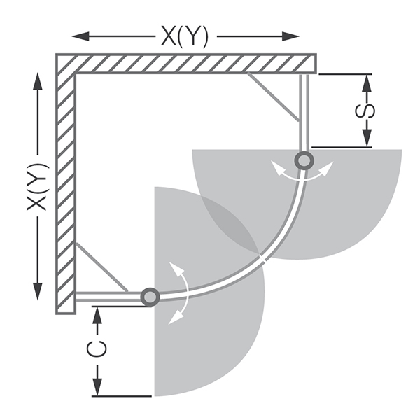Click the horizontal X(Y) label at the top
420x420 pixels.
click(x=185, y=36)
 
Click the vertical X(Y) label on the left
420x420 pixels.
click(x=38, y=186)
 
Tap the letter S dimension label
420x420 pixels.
click(x=365, y=111)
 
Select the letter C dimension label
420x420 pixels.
click(x=97, y=349)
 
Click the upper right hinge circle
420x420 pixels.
click(x=304, y=160)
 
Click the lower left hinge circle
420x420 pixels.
click(x=150, y=297)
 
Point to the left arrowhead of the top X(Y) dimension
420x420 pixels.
click(x=80, y=36)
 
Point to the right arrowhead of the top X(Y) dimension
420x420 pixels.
click(x=290, y=36)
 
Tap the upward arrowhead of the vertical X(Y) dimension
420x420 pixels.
click(x=38, y=81)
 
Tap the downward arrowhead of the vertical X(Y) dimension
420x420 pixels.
click(x=38, y=291)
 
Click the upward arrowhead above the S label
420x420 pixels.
click(x=367, y=83)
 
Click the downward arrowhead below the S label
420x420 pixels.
click(x=367, y=138)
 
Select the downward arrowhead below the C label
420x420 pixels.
click(x=97, y=386)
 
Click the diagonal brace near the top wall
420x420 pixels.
click(x=273, y=97)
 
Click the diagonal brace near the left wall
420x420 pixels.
click(x=102, y=267)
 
